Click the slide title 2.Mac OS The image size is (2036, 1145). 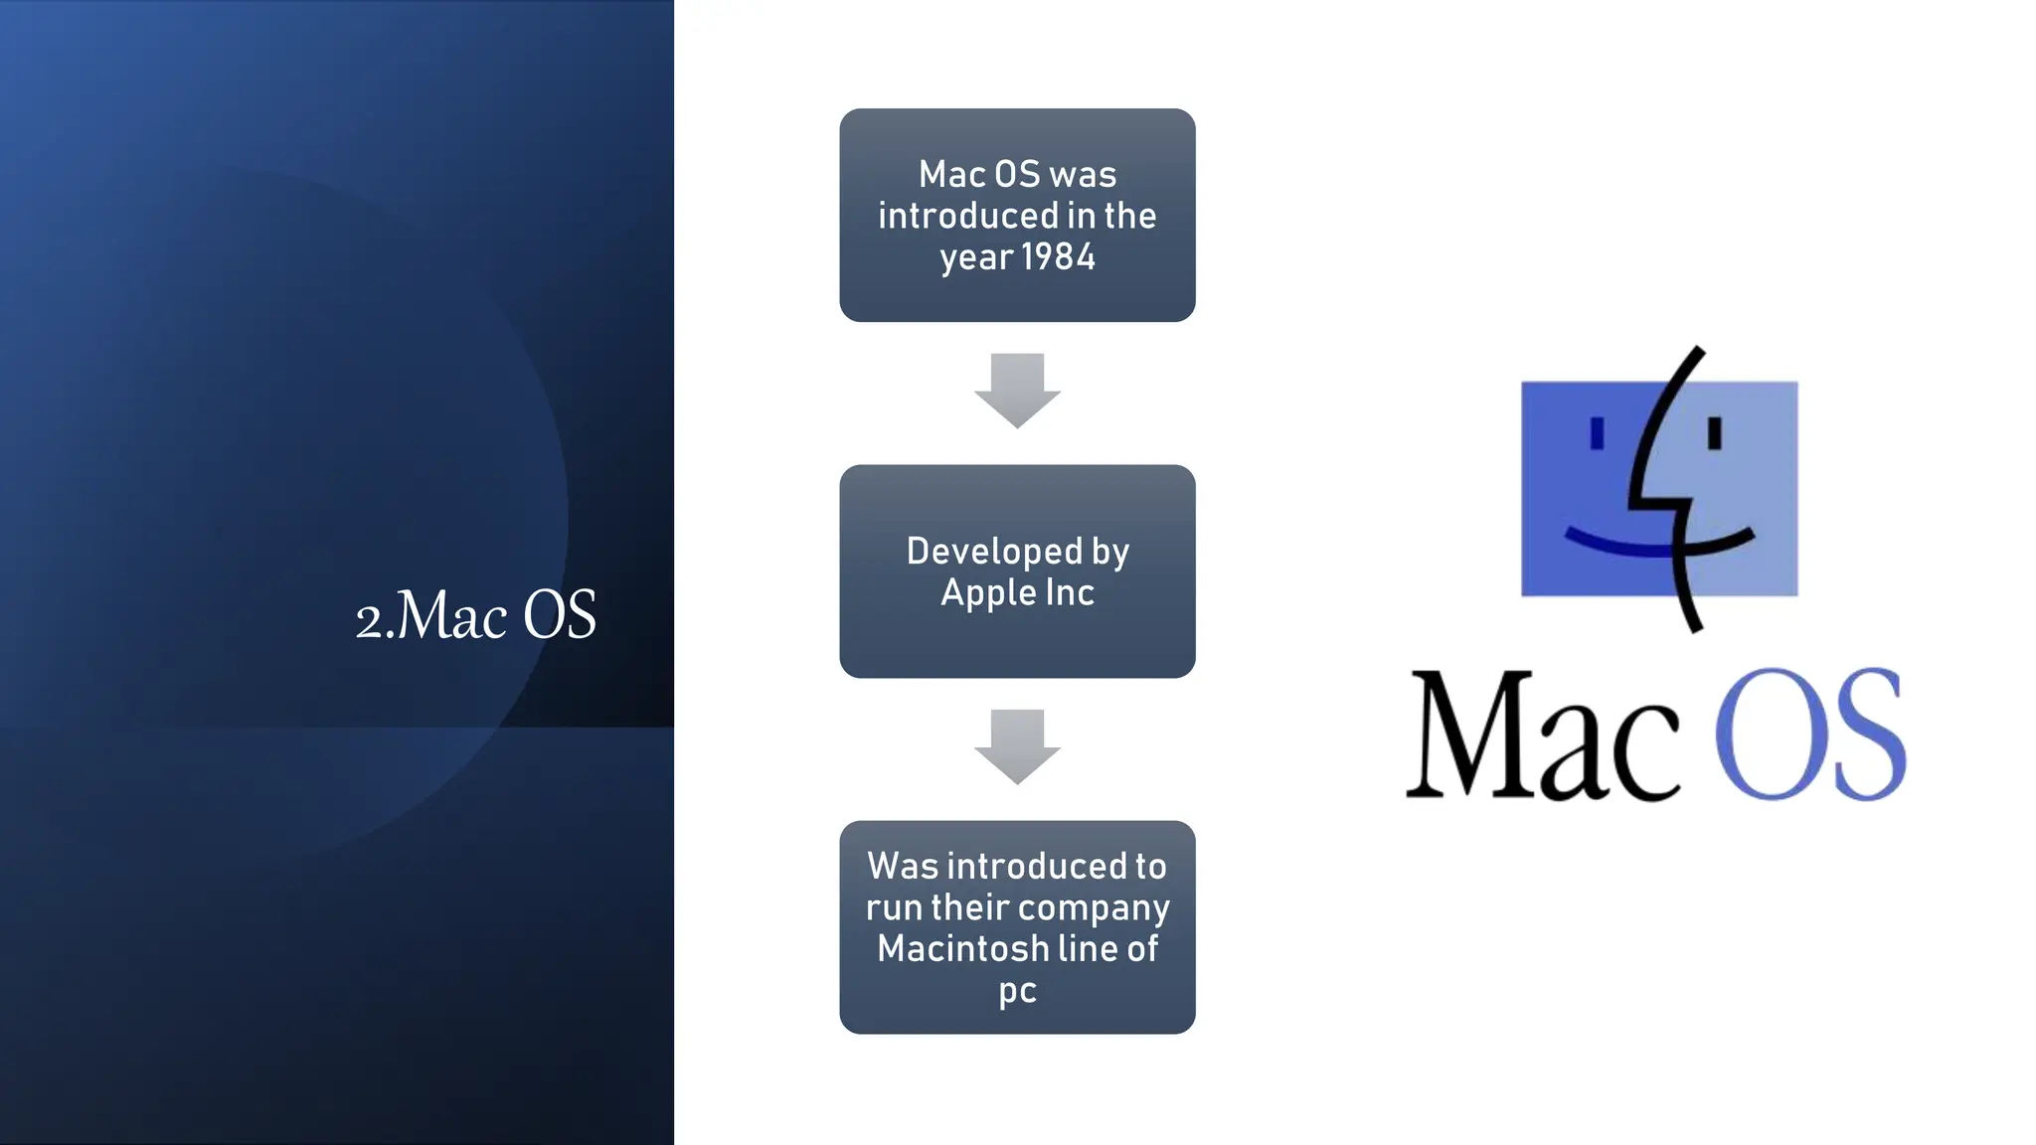coord(475,615)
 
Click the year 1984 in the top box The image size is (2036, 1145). coord(1058,257)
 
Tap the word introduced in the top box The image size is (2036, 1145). coord(967,216)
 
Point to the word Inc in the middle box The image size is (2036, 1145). coord(1070,592)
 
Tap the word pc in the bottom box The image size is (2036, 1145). coord(1017,991)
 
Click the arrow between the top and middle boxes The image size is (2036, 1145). coord(1017,390)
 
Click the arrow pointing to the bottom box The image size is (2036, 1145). coord(1017,745)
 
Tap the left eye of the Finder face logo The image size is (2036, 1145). coord(1598,433)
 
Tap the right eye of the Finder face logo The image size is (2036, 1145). coord(1715,433)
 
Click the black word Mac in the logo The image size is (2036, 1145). coord(1541,736)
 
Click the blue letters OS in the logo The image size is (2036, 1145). coord(1809,736)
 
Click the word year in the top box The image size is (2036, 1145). coord(975,258)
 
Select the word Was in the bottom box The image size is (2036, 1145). coord(903,866)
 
